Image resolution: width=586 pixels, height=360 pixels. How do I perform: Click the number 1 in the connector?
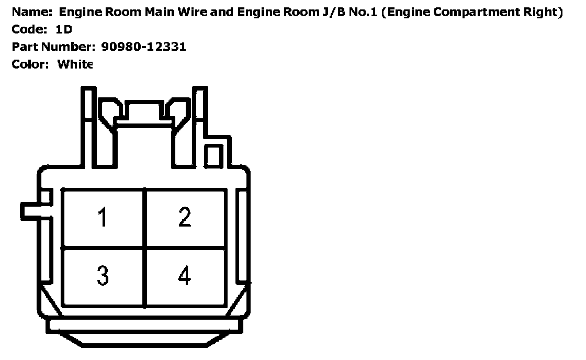[103, 217]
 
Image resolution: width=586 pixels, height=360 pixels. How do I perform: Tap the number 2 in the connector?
[184, 217]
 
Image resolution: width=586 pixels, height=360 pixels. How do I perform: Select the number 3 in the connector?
[103, 275]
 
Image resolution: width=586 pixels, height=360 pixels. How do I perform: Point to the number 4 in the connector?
[184, 275]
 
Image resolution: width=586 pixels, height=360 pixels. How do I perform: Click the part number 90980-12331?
[142, 47]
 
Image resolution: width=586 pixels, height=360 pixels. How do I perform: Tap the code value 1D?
[64, 29]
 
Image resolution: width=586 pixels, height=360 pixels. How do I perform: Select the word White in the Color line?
[75, 64]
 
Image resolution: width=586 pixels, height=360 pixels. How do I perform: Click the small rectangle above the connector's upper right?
[213, 156]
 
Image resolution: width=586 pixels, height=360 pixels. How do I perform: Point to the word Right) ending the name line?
[544, 12]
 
